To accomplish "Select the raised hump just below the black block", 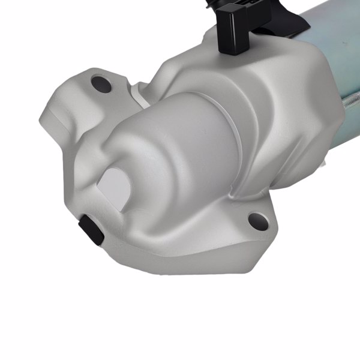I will [x=240, y=66].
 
